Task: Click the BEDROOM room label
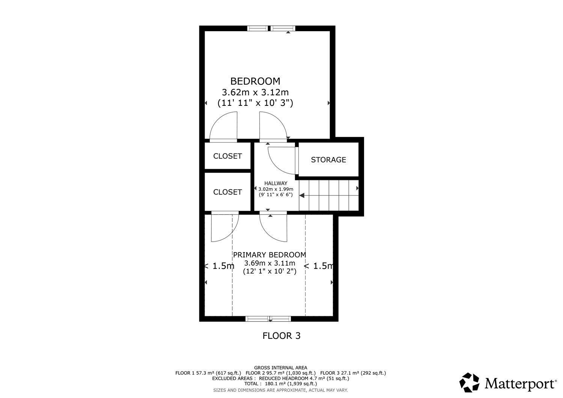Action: [x=255, y=81]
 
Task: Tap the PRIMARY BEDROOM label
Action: [x=269, y=255]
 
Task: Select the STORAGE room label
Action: [x=328, y=160]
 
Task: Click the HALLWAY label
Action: [x=276, y=183]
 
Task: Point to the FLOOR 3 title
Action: [x=281, y=336]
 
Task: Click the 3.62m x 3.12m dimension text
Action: [x=255, y=92]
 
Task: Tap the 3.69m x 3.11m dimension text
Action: [x=270, y=263]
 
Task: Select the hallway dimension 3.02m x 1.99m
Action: [x=276, y=189]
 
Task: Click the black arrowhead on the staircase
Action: [x=302, y=195]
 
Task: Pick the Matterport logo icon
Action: [x=469, y=382]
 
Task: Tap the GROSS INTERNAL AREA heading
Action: [x=280, y=368]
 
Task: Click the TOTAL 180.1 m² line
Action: [x=280, y=384]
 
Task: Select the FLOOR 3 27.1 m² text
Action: [x=353, y=373]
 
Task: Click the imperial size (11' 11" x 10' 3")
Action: [x=255, y=103]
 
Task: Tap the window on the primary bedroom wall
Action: [x=268, y=319]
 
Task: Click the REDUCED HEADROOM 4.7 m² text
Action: [x=304, y=378]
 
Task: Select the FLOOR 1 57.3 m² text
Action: [x=208, y=373]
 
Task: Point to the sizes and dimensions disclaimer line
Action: [x=280, y=390]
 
